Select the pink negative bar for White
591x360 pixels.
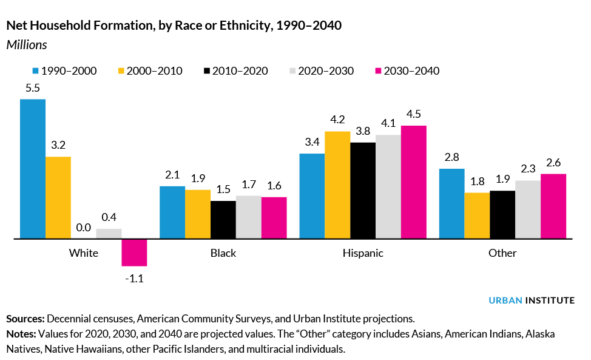[134, 253]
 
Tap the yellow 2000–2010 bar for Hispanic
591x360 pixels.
[337, 185]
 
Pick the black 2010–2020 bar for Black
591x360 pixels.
[223, 220]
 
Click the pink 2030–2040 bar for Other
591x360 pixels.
[553, 206]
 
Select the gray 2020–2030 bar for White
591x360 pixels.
[109, 234]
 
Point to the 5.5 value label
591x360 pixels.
[33, 88]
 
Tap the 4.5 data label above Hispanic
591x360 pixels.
[414, 115]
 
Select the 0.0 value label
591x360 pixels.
[84, 228]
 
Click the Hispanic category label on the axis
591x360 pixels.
[362, 253]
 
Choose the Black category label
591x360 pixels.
[223, 253]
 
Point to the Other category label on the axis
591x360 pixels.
[502, 253]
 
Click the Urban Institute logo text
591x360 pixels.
[532, 300]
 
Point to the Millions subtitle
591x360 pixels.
[27, 45]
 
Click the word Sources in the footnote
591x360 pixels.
[24, 318]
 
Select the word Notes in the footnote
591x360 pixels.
[21, 334]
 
